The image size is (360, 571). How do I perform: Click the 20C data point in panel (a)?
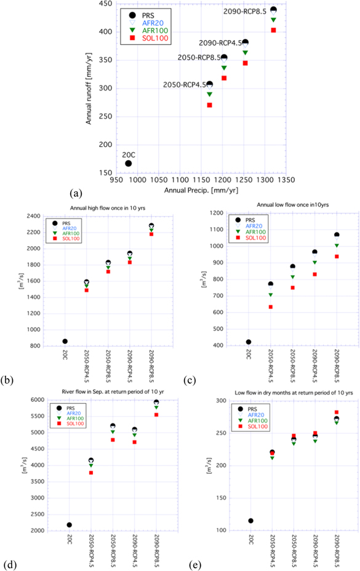(128, 163)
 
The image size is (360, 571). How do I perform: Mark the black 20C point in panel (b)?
(65, 341)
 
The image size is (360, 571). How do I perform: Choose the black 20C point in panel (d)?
(69, 525)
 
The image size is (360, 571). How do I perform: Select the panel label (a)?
(77, 193)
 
